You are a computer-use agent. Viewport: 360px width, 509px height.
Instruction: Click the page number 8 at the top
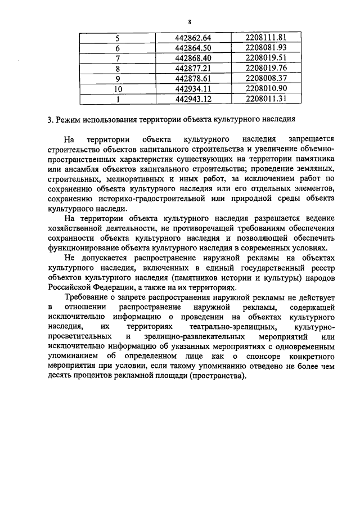point(190,21)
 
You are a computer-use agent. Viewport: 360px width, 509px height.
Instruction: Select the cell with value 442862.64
point(192,38)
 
